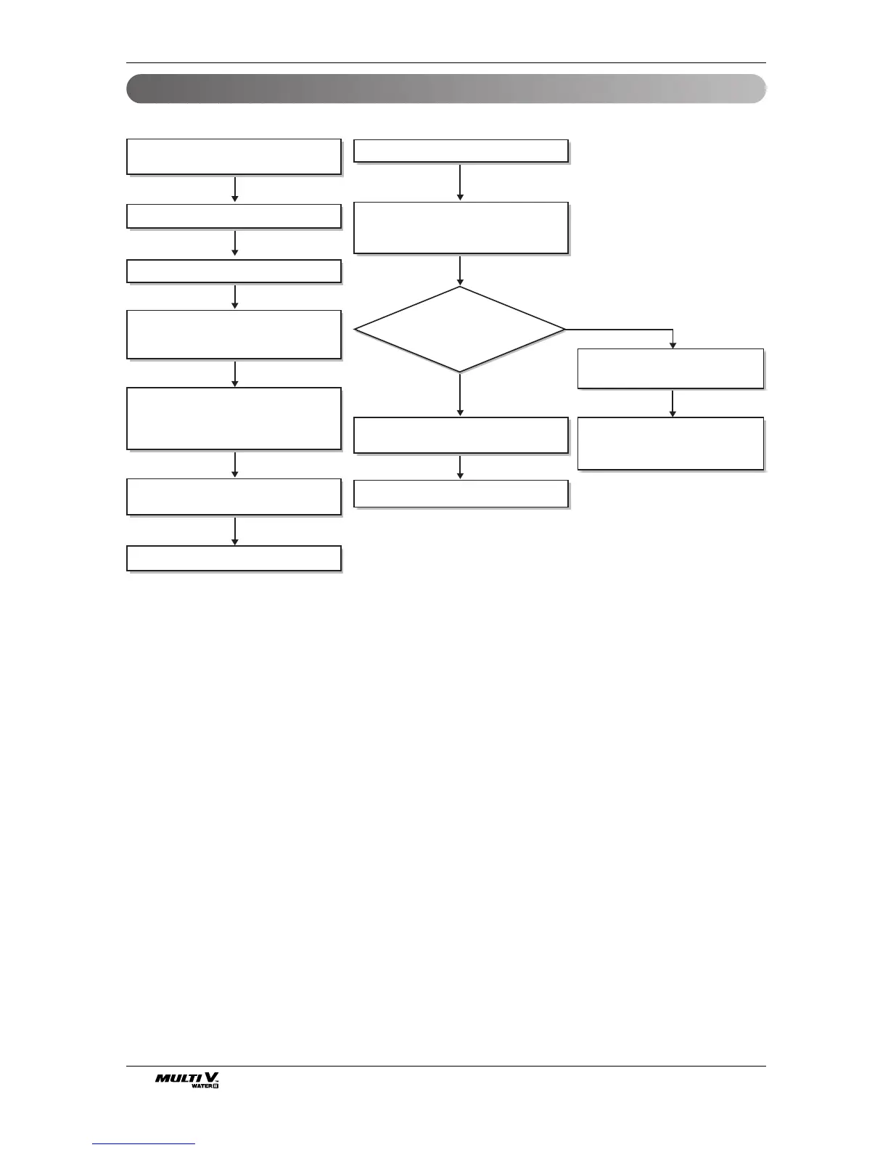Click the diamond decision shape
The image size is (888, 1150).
(x=459, y=330)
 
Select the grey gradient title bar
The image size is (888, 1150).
(x=446, y=89)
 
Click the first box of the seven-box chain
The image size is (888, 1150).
(x=234, y=157)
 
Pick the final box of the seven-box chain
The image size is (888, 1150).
(x=234, y=558)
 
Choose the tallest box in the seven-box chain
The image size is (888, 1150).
(x=234, y=418)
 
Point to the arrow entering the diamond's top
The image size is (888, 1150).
(x=460, y=271)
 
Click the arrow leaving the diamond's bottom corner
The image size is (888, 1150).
(x=460, y=394)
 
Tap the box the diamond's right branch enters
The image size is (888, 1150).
(x=670, y=368)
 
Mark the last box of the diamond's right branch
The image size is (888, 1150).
(x=670, y=443)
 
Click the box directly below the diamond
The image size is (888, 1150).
(x=460, y=435)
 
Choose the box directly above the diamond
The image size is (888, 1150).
(x=460, y=228)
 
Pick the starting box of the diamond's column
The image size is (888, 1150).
(x=460, y=151)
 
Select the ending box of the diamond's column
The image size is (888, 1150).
(x=460, y=494)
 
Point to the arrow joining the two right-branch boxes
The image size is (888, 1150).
(x=673, y=403)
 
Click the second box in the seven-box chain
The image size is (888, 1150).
(x=234, y=216)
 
